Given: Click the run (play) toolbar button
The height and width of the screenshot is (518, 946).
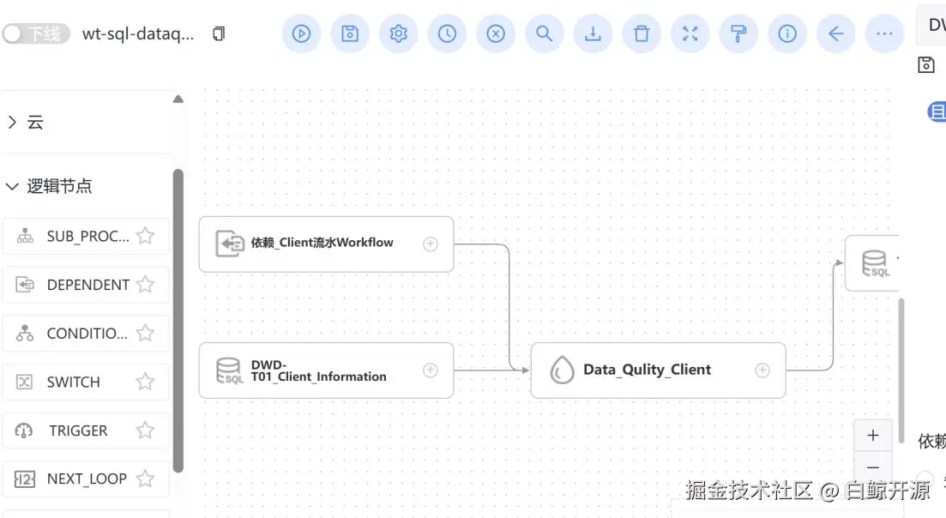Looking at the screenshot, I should coord(301,33).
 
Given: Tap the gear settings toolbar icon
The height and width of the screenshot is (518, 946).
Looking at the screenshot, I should coord(398,33).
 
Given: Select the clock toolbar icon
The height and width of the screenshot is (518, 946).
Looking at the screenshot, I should coord(447,33).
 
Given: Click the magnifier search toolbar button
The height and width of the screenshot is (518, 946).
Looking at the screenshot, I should coord(544,33).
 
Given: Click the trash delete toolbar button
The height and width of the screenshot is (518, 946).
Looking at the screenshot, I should coord(642,33).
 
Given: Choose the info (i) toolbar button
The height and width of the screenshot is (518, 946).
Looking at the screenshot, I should coord(787,33).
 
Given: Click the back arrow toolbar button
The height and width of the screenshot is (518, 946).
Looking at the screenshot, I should coord(836,33).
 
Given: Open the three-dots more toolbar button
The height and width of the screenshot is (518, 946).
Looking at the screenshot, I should coord(884,33).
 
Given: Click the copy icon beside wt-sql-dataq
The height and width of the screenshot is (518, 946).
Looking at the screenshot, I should coord(219,33).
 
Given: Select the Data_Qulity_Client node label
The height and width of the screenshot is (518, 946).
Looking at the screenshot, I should coord(647,370).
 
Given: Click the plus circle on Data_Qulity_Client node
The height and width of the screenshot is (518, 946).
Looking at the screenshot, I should coord(762,370).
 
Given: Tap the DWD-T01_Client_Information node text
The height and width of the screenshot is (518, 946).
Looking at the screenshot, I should coord(318,370).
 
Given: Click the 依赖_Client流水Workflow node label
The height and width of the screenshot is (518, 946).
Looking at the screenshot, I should coord(322,243).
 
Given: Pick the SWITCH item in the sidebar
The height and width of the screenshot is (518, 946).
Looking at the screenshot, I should coord(73,382).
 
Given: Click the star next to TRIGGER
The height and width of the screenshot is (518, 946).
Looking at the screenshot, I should coord(145,431).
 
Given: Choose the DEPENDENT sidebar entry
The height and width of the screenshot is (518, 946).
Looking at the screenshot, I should coord(87,285).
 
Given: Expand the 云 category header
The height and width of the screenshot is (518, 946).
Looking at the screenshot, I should coord(34,123).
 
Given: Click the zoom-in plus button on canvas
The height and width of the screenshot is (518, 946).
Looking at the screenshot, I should coord(872,435).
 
